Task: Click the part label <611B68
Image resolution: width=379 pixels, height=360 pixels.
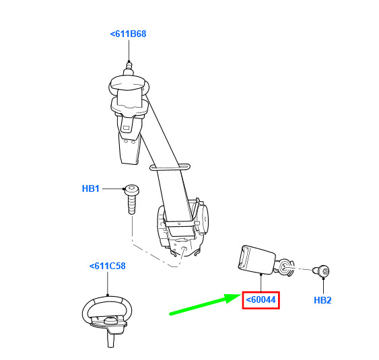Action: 128,34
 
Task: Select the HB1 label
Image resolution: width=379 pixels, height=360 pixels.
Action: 91,188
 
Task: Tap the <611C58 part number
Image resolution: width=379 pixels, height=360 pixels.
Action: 108,266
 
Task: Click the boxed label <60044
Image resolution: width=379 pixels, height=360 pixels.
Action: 261,300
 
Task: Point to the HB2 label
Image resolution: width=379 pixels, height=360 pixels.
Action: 322,300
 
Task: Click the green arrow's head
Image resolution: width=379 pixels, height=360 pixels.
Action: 233,298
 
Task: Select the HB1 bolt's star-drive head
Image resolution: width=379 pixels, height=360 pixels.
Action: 132,189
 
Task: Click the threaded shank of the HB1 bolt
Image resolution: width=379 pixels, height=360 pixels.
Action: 132,205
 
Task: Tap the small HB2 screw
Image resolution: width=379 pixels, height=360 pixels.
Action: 322,271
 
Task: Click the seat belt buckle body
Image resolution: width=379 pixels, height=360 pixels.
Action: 256,260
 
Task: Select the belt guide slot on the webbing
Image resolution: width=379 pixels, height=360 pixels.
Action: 170,167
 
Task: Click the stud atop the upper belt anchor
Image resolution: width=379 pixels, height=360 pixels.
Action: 129,68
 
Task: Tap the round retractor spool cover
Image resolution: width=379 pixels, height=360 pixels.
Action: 202,219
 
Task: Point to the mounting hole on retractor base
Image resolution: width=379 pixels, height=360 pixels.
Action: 184,248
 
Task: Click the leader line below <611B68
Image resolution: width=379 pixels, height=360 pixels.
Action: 129,50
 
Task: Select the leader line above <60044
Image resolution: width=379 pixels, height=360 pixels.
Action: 261,283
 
